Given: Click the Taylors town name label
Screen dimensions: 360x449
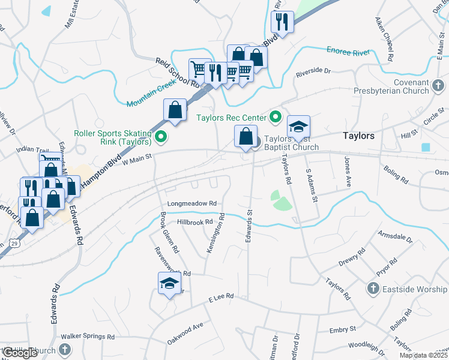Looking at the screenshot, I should (x=358, y=136).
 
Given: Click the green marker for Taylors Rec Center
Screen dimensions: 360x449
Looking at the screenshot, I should (x=276, y=116).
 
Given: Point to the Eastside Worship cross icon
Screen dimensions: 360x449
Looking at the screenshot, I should (x=373, y=289).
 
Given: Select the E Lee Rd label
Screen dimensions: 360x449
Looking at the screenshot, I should (x=220, y=297).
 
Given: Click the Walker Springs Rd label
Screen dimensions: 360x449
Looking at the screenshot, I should (x=87, y=337).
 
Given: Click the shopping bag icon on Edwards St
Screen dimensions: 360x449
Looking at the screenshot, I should (x=246, y=137).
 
